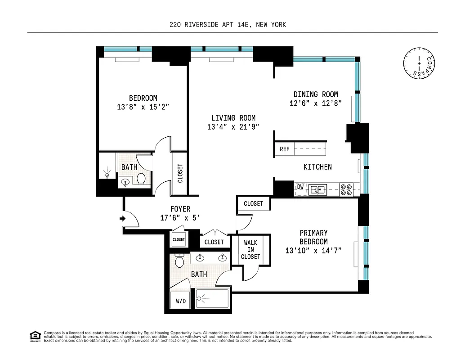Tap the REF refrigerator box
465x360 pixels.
(x=285, y=149)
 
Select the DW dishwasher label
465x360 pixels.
(x=300, y=186)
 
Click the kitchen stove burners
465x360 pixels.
(x=346, y=189)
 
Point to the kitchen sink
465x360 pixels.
(x=320, y=189)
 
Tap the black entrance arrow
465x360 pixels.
(x=122, y=219)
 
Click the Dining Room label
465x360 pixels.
(x=316, y=94)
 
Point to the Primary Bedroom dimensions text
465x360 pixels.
(x=313, y=251)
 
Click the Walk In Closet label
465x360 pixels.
(x=250, y=249)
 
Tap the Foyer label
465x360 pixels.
(x=180, y=209)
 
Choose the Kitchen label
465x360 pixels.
(x=317, y=166)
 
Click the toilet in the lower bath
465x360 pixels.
(x=180, y=261)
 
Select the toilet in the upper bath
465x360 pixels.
(x=141, y=179)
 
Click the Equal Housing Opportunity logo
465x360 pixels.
(x=35, y=336)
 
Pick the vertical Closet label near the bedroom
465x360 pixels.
(x=180, y=173)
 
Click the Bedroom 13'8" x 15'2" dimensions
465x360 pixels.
(x=143, y=107)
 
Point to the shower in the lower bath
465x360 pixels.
(x=211, y=298)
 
